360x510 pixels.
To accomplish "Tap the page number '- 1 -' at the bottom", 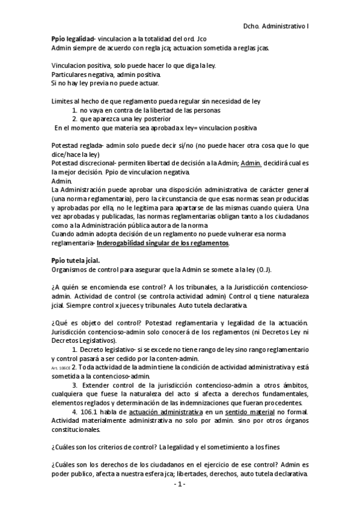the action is point(180,484).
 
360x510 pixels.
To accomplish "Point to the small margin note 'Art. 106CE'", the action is point(61,366).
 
